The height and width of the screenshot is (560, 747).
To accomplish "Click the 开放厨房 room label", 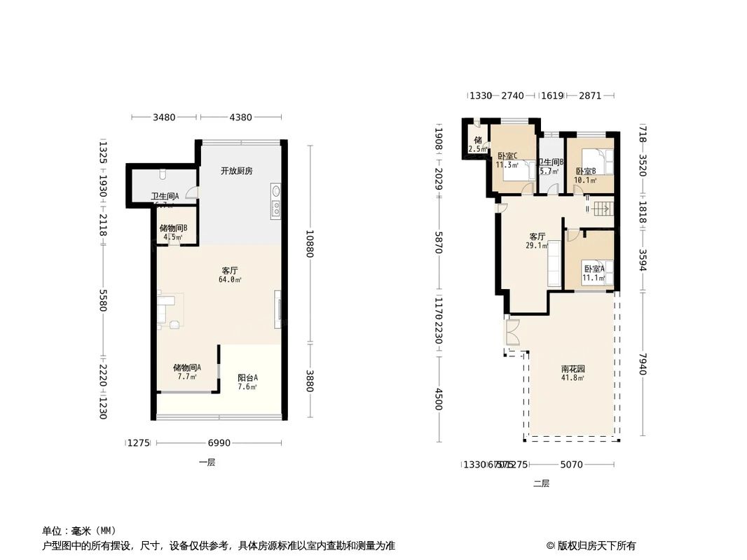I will point(236,171).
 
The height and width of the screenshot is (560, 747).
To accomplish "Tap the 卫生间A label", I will point(165,197).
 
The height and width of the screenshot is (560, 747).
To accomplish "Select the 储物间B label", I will point(173,228).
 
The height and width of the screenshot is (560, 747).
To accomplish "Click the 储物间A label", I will point(187,367).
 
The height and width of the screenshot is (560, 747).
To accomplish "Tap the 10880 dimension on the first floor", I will point(309,244).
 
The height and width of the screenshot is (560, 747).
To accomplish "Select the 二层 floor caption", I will point(541,483).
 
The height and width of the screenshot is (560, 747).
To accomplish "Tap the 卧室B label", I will point(585,171).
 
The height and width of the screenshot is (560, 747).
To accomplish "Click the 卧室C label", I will point(507,156).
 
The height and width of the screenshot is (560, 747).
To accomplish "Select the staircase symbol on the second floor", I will point(602,209).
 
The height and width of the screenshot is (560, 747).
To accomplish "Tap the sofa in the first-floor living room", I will point(167,309).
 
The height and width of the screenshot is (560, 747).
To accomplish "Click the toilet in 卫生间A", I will point(162,172).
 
